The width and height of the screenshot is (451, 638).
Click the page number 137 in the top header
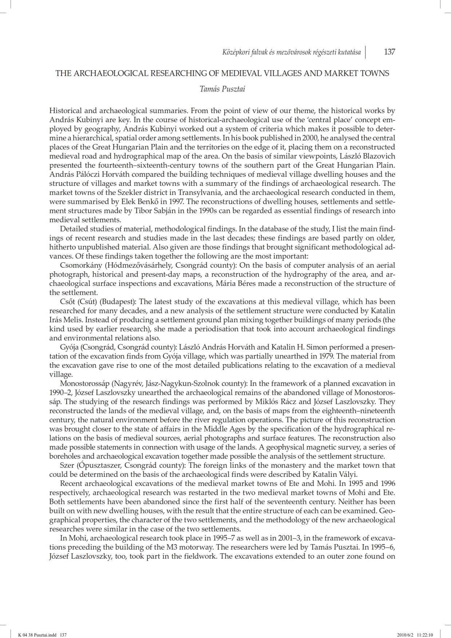tap(389, 52)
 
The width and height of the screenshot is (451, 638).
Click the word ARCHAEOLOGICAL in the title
tap(107, 73)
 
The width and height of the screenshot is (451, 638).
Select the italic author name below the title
tap(222, 89)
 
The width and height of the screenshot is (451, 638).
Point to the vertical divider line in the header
tap(365, 52)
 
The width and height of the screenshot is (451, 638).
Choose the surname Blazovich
tap(377, 156)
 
